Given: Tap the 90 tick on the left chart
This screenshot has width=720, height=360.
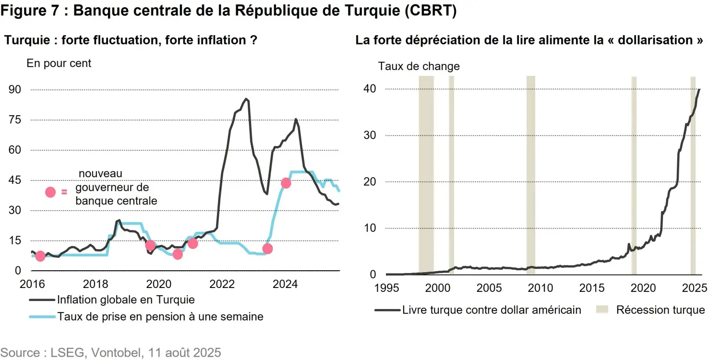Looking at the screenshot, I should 15,90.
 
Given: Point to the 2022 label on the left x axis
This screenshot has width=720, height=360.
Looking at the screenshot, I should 222,284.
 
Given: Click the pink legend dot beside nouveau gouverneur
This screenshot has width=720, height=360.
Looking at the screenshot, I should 50,192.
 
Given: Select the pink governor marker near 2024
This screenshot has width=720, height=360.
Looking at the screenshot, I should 286,183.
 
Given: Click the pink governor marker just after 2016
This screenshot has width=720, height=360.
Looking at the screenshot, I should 40,256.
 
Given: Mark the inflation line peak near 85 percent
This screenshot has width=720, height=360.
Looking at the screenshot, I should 246,99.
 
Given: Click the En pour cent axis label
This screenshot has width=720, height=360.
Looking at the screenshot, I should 59,63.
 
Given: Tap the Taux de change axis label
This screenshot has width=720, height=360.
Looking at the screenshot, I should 419,67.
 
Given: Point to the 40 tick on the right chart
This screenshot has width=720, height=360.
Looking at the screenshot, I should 369,89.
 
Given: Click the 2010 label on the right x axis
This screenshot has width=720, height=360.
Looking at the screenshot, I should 540,288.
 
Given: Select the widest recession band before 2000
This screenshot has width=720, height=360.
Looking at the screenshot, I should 426,175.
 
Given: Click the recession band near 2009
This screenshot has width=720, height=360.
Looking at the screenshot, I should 530,175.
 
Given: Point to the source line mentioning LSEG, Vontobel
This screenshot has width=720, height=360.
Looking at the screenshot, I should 111,353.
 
